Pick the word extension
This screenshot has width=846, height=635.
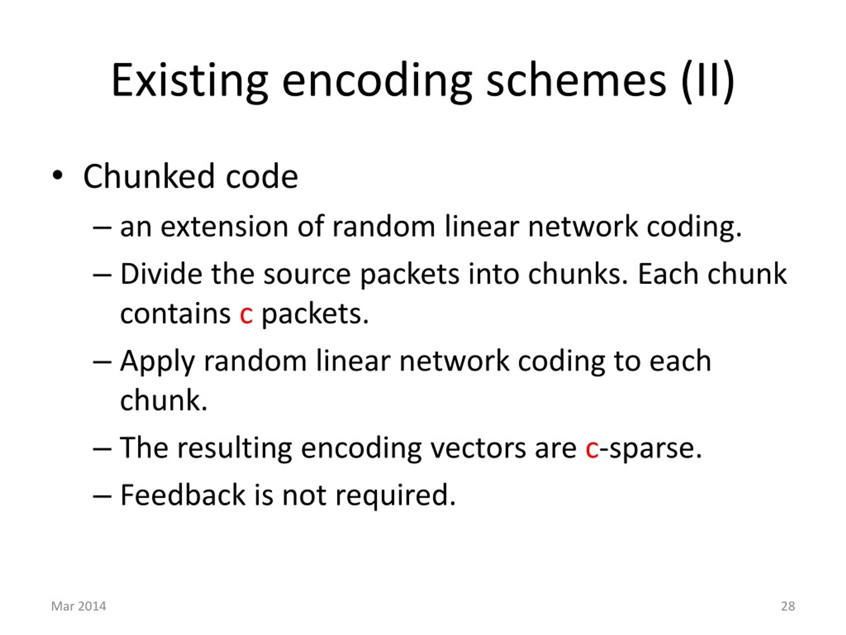(224, 227)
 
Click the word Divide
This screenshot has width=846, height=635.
(161, 274)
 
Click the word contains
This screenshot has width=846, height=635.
(175, 314)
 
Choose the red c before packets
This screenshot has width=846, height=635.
(246, 316)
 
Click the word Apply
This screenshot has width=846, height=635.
(158, 362)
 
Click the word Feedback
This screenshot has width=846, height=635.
(183, 495)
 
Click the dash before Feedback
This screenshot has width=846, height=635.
(102, 497)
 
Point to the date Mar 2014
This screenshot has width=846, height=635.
(78, 606)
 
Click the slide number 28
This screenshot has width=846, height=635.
(788, 606)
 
